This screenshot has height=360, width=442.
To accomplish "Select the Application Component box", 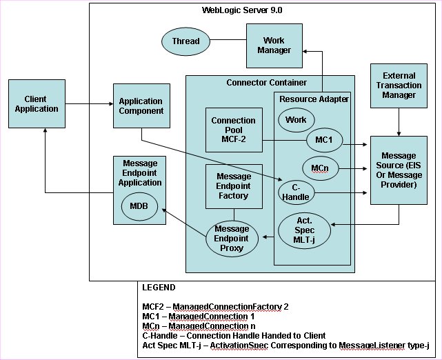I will pos(141,106).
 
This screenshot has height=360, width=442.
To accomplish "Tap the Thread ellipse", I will pos(185,41).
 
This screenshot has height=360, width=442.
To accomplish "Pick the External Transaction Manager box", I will pos(399,85).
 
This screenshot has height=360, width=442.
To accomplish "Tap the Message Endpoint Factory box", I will pos(233,186).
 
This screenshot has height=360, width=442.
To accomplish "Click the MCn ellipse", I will pos(319,167).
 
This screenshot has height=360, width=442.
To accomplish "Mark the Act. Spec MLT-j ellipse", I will pos(304,230).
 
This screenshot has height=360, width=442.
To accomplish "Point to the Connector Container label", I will pos(266,83).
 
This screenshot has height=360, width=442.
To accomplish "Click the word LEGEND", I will pos(159,288).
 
